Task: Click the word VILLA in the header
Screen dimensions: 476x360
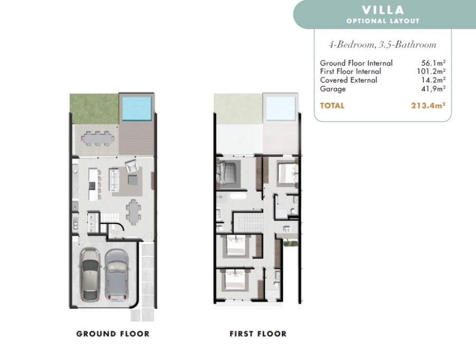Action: (x=383, y=10)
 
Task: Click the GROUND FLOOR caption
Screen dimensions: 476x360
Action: (x=113, y=334)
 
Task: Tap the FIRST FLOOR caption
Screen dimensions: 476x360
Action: (x=258, y=334)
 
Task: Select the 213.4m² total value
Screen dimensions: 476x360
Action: (x=428, y=106)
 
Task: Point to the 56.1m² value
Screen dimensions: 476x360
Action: (x=433, y=63)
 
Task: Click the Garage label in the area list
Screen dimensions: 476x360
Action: (x=333, y=89)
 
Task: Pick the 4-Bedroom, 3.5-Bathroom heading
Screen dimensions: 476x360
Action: (x=382, y=45)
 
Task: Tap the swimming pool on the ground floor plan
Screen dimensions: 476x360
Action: (x=136, y=108)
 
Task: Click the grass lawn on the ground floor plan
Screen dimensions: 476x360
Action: (x=94, y=109)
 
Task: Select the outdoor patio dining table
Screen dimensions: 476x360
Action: (x=98, y=139)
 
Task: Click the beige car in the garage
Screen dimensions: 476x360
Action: (x=90, y=275)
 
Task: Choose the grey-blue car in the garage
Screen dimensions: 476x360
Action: (x=117, y=275)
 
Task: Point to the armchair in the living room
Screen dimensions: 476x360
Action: (x=132, y=166)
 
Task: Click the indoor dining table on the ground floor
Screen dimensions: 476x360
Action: (x=133, y=212)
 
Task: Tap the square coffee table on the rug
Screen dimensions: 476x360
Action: (x=133, y=180)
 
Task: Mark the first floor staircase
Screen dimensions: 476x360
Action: (x=253, y=222)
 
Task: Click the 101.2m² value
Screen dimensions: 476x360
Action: (x=431, y=71)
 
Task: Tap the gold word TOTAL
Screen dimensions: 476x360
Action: (x=332, y=106)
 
